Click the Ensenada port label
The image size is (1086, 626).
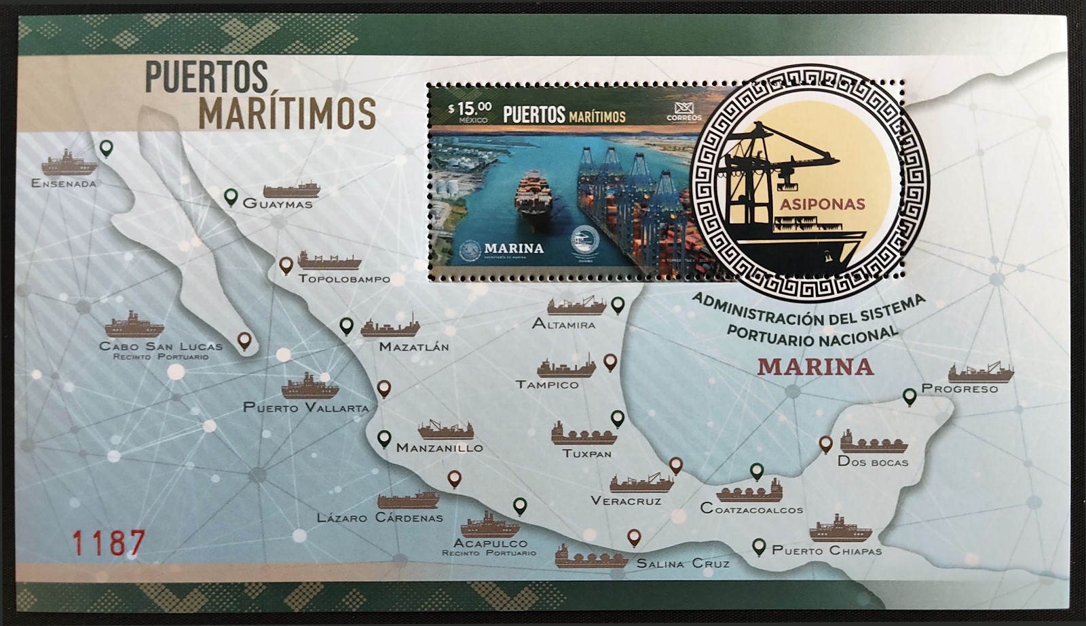[64, 183]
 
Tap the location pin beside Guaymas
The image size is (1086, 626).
[231, 198]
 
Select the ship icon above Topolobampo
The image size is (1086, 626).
[329, 260]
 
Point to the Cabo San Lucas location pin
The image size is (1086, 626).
[244, 340]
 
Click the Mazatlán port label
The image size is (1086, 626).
[414, 347]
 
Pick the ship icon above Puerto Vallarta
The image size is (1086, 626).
[310, 387]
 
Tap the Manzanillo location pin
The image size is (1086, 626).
[384, 439]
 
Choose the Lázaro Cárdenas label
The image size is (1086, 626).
[379, 517]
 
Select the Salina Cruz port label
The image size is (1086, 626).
[682, 563]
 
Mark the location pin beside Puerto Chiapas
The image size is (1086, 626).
[759, 547]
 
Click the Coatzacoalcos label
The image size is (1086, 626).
[751, 509]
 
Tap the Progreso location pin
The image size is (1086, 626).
[910, 397]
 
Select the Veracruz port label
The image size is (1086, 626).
[625, 501]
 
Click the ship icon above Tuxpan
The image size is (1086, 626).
[583, 434]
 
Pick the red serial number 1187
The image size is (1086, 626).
[109, 543]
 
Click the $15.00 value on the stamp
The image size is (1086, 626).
[469, 108]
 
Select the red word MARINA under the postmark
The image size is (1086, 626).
[814, 366]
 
